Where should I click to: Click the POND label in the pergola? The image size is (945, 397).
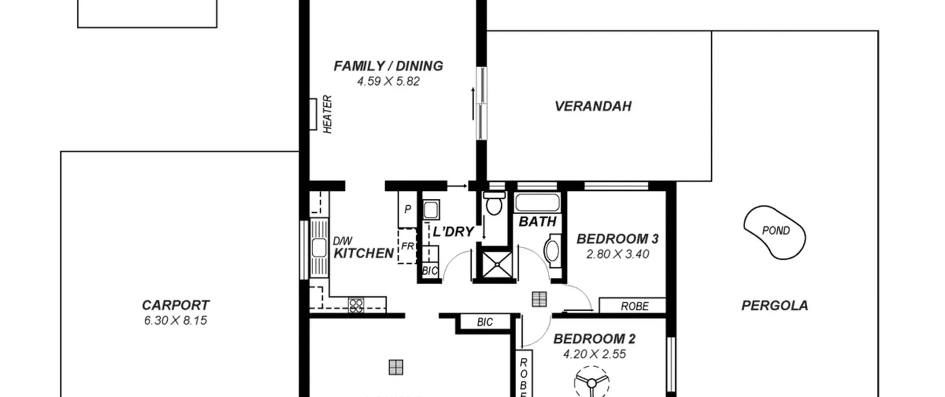click(x=776, y=231)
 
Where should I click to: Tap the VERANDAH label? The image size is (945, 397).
click(x=593, y=106)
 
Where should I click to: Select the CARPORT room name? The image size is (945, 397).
click(x=175, y=305)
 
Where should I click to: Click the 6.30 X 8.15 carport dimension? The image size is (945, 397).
click(x=175, y=321)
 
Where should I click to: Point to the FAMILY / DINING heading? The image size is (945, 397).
click(x=388, y=66)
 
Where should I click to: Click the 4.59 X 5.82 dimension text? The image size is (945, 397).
click(x=388, y=81)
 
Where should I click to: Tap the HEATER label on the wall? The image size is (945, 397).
click(x=327, y=114)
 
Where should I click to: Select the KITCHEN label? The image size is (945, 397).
click(x=364, y=253)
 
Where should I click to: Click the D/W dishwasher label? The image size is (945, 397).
click(x=343, y=241)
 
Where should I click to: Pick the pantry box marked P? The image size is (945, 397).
click(x=408, y=209)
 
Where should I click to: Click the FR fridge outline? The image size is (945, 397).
click(x=407, y=246)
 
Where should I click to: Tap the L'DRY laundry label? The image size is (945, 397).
click(x=453, y=232)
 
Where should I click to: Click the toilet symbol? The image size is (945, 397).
click(x=494, y=203)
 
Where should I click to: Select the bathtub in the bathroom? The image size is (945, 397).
click(x=537, y=203)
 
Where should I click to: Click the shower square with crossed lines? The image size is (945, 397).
click(x=497, y=264)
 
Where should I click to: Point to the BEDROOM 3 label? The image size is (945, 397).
click(x=618, y=239)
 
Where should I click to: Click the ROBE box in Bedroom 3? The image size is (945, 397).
click(x=632, y=306)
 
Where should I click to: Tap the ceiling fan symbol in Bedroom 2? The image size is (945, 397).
click(x=591, y=382)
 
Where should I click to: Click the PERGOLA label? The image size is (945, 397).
click(x=775, y=305)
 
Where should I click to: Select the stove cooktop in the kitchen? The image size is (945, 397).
click(x=356, y=305)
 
